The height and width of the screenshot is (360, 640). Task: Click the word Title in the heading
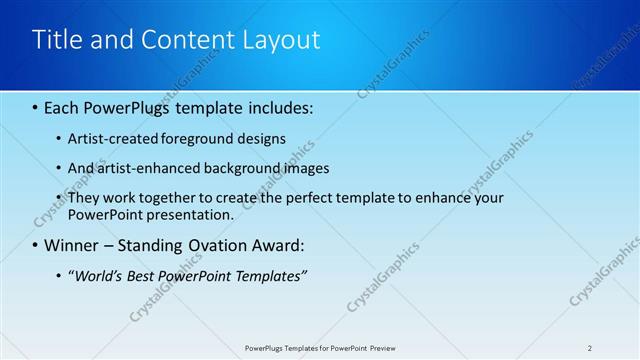click(57, 40)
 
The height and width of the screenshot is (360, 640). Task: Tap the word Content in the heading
click(184, 40)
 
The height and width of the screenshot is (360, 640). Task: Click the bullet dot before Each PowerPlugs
click(36, 107)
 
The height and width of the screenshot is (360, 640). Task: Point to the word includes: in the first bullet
click(275, 107)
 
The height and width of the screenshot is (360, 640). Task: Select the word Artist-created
click(108, 139)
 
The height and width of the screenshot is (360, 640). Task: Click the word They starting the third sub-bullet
click(85, 198)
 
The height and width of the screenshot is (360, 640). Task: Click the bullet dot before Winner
click(36, 245)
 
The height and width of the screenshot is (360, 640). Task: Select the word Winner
click(72, 245)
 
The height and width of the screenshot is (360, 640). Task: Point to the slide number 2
click(590, 348)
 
